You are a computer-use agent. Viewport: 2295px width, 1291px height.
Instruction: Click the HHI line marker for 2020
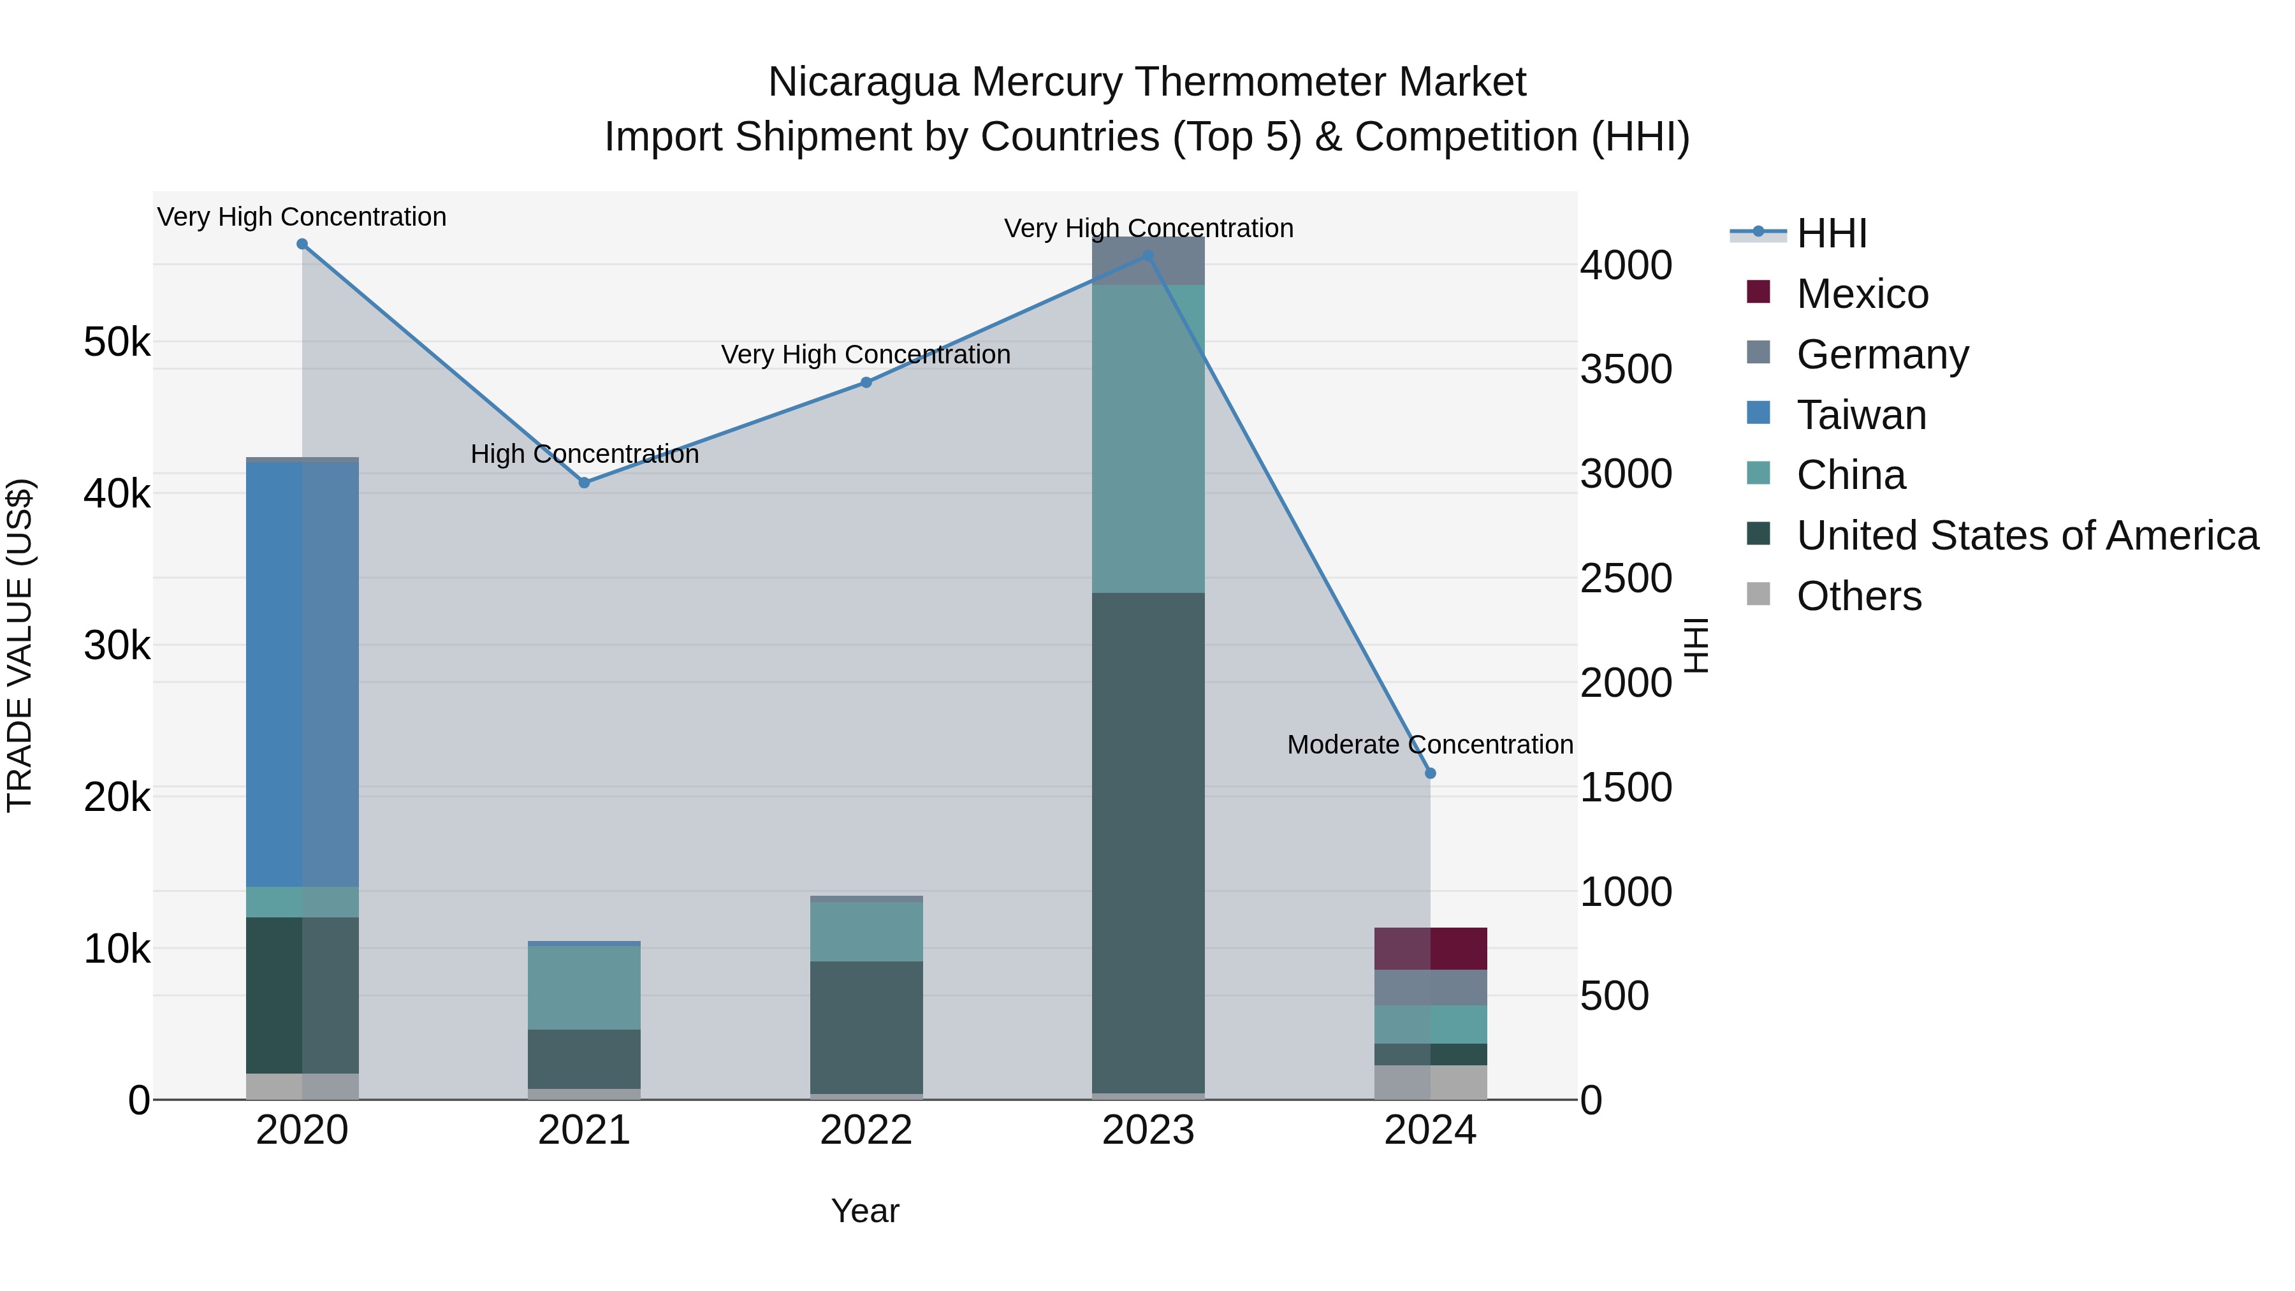click(302, 244)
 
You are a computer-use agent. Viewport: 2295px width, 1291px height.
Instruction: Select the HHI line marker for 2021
click(585, 483)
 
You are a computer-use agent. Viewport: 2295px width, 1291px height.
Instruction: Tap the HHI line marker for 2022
click(866, 383)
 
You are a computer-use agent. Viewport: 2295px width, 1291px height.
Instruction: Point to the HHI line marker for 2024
click(1431, 773)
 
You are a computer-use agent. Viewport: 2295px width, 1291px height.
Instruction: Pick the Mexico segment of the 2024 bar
click(1431, 949)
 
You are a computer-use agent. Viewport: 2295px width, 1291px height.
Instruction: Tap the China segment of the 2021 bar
click(585, 987)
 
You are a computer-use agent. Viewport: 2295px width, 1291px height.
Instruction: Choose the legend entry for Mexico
click(1862, 294)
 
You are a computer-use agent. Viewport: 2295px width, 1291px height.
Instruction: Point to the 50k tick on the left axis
click(117, 342)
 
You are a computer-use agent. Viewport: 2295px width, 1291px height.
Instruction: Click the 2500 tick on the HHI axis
click(1626, 579)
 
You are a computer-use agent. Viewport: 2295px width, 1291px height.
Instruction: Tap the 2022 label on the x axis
click(866, 1130)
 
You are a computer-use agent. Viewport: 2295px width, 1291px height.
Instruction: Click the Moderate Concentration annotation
click(1430, 745)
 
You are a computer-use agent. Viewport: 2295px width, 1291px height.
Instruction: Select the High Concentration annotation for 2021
click(585, 455)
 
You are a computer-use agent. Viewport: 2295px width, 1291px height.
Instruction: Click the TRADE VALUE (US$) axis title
click(20, 645)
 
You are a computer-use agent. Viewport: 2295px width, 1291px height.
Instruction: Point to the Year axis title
click(865, 1211)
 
